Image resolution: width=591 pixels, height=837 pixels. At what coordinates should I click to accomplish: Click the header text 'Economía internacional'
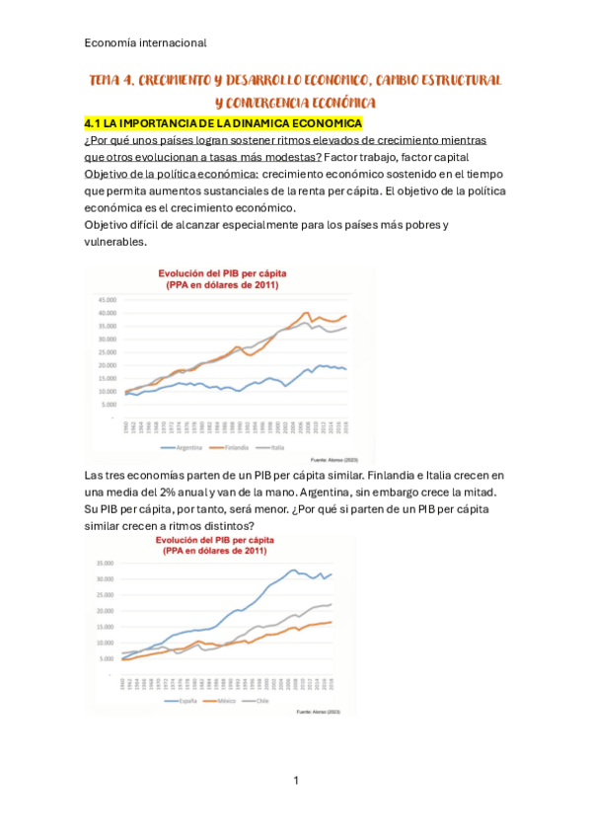pyautogui.click(x=145, y=43)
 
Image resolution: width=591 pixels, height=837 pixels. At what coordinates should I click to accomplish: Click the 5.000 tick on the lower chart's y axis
pyautogui.click(x=107, y=659)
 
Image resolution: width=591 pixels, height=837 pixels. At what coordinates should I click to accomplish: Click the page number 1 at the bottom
pyautogui.click(x=295, y=781)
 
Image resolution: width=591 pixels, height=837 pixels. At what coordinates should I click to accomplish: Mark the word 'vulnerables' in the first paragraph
pyautogui.click(x=115, y=242)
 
